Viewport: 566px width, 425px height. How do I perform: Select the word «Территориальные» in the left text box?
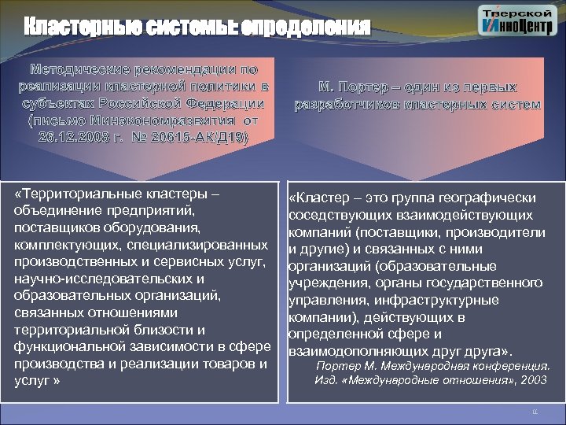82,194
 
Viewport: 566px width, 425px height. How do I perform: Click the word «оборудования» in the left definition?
156,228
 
